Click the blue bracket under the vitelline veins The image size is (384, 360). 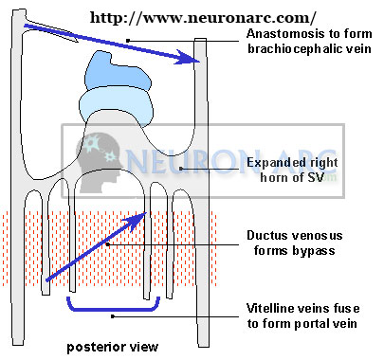[x=108, y=307]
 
